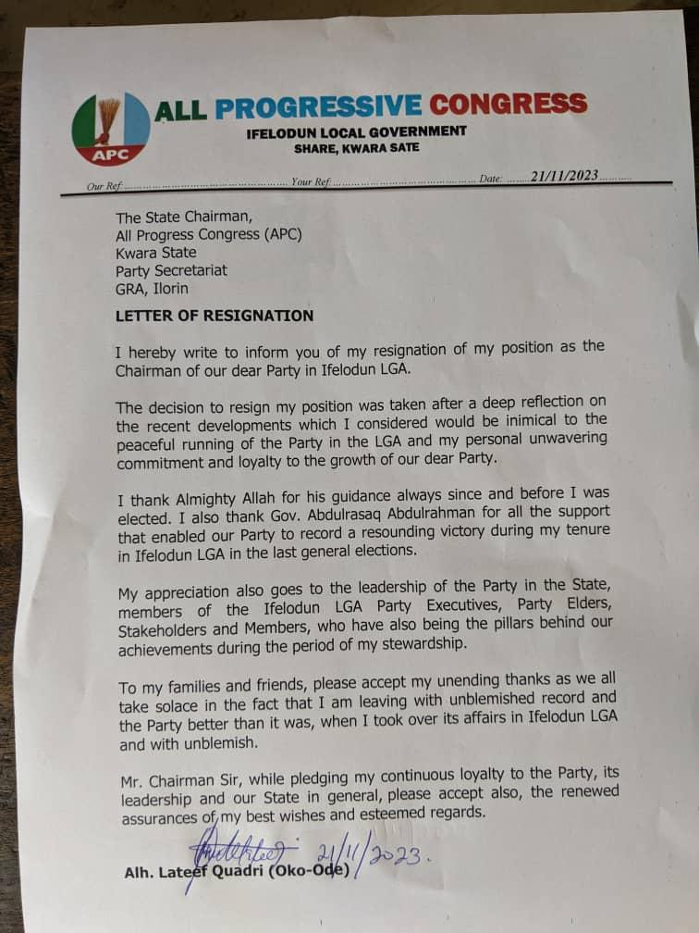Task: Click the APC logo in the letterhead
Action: (x=111, y=128)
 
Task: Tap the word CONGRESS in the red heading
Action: (x=508, y=104)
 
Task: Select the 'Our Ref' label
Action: (x=104, y=186)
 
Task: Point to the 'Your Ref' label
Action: (x=310, y=182)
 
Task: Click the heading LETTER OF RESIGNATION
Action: (x=215, y=316)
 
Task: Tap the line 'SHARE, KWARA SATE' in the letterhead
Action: (x=356, y=147)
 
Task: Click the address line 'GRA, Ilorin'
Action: (x=153, y=289)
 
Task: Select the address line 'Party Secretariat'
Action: (x=171, y=270)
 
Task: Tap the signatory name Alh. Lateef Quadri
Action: (x=198, y=874)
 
